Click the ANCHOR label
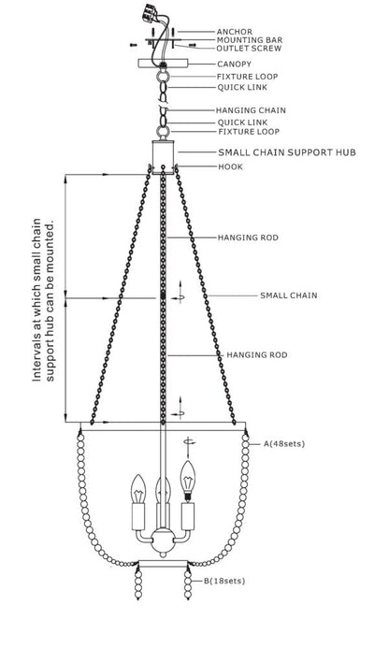235,32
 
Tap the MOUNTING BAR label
250,40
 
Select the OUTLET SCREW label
249,49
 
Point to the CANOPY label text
234,65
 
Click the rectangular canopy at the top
163,63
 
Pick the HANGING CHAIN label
251,110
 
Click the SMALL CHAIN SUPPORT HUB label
287,152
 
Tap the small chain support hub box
163,157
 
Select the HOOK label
230,167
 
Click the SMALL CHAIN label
289,295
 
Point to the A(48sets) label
284,444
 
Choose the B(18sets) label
224,581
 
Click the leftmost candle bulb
138,488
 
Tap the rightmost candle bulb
188,480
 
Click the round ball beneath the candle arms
163,540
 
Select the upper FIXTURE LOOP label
247,77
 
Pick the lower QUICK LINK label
243,122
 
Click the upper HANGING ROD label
248,238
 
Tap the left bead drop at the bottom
138,584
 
